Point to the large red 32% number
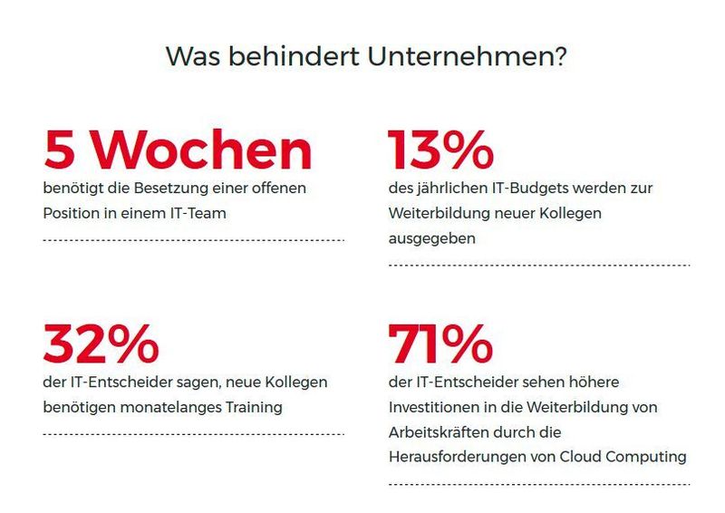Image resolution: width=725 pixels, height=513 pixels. coord(101,344)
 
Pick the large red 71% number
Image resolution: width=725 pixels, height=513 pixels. coord(440,344)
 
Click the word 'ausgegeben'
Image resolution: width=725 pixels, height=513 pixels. coord(427,238)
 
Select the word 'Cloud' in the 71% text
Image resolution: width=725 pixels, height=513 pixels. coord(581,458)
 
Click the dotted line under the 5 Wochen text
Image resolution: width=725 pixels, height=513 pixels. coord(193,240)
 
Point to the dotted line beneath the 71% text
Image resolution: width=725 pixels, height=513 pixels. coord(538,485)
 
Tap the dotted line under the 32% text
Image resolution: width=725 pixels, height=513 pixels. coord(193,434)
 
